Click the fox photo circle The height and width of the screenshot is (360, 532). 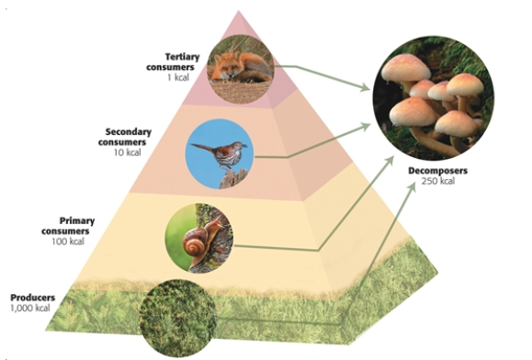pos(241,66)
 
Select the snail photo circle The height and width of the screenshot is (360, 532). pos(199,237)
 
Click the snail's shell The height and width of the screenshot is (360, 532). pos(197,244)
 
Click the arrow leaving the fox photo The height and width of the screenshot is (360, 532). pos(322,74)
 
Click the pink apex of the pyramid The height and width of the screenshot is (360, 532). pos(240,22)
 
